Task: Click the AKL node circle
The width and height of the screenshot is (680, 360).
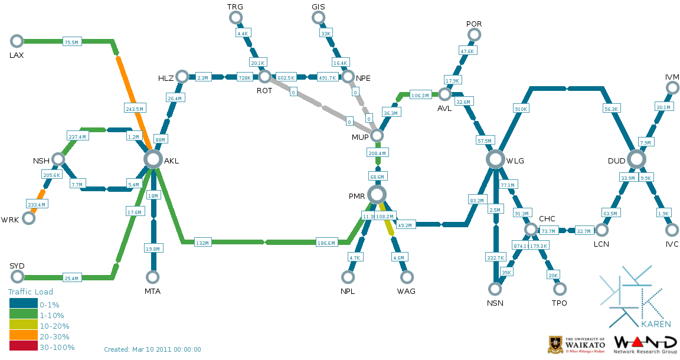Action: tap(153, 159)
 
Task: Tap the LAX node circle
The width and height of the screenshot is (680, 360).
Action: tap(17, 41)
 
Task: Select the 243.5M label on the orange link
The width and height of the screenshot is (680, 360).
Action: tap(135, 109)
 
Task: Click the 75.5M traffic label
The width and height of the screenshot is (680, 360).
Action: tap(71, 42)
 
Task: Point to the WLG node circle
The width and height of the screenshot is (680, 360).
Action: tap(495, 159)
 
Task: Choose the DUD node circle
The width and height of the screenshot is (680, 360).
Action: tap(636, 159)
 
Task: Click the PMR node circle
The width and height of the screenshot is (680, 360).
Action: tap(377, 194)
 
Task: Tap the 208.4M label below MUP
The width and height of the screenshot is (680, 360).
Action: tap(377, 153)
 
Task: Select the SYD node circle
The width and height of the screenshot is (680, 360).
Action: tap(17, 277)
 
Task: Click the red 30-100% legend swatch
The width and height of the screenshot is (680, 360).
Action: tap(24, 347)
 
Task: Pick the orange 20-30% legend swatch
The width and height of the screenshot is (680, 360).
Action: tap(24, 336)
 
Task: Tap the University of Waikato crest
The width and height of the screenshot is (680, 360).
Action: tap(555, 344)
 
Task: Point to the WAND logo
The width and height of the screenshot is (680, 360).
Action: tap(645, 343)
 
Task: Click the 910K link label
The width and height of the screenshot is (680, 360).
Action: tap(521, 109)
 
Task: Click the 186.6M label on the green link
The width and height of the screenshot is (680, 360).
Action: tap(326, 243)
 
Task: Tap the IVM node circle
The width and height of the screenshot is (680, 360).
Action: tap(672, 88)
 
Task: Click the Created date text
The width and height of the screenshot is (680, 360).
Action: tap(152, 349)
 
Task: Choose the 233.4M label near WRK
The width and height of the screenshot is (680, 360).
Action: tap(37, 204)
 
